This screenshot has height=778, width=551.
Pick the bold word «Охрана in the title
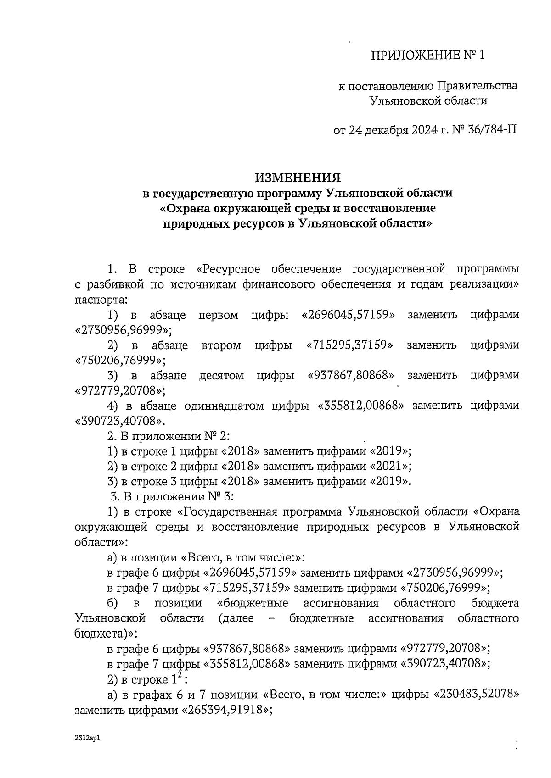click(x=186, y=208)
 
